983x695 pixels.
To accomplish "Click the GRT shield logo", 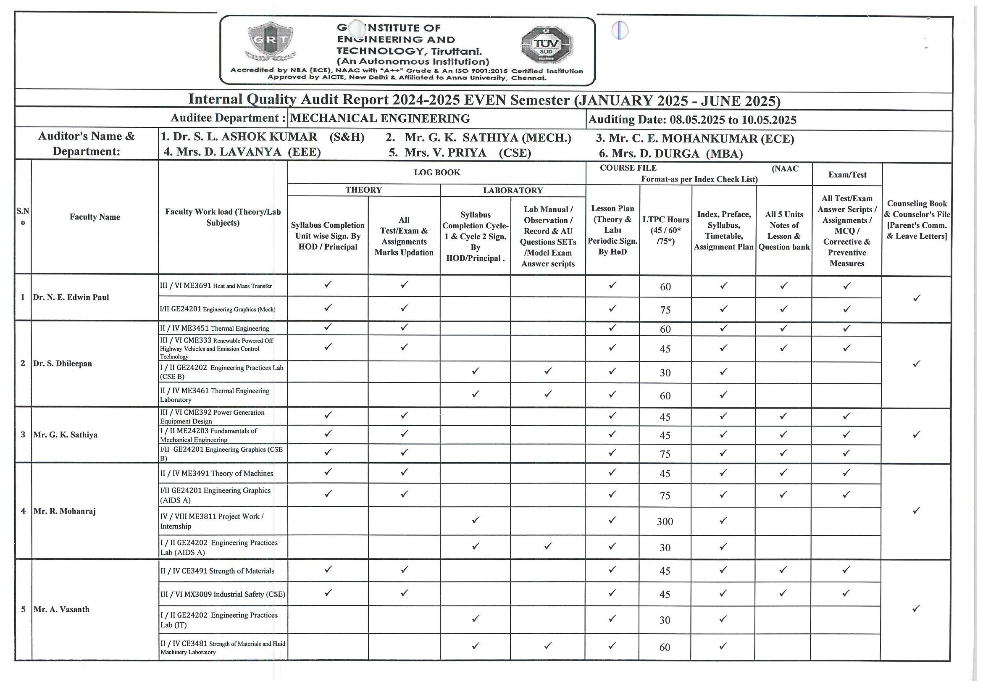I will pyautogui.click(x=270, y=42).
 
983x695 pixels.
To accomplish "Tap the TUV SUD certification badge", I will pyautogui.click(x=547, y=45).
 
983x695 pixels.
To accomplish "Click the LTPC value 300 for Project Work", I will pyautogui.click(x=665, y=521).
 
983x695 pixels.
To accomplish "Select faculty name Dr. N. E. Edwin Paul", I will pyautogui.click(x=71, y=297).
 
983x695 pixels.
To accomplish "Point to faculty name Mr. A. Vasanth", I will pyautogui.click(x=62, y=609).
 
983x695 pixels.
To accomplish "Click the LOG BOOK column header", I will pyautogui.click(x=437, y=173).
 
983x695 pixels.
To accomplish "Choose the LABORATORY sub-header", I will pyautogui.click(x=513, y=190).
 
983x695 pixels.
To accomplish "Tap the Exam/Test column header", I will pyautogui.click(x=847, y=175).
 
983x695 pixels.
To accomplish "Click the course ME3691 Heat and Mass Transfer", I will pyautogui.click(x=216, y=286).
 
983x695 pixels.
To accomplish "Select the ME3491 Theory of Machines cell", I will pyautogui.click(x=217, y=474).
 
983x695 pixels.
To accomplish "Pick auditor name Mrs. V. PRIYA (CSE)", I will pyautogui.click(x=460, y=153).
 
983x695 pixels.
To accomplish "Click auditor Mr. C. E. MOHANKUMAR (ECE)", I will pyautogui.click(x=695, y=139).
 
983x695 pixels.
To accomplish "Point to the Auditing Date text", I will pyautogui.click(x=692, y=120).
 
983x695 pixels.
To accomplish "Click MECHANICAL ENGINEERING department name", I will pyautogui.click(x=380, y=118).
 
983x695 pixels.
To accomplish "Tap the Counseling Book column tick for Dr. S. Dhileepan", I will pyautogui.click(x=916, y=364).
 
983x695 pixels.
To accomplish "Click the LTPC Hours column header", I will pyautogui.click(x=665, y=230).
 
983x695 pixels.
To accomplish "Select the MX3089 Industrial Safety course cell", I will pyautogui.click(x=223, y=595).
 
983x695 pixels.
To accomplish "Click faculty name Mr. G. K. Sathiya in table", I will pyautogui.click(x=66, y=435).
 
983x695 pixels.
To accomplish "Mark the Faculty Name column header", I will pyautogui.click(x=95, y=217).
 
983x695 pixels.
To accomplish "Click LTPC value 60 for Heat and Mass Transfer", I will pyautogui.click(x=665, y=287).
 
